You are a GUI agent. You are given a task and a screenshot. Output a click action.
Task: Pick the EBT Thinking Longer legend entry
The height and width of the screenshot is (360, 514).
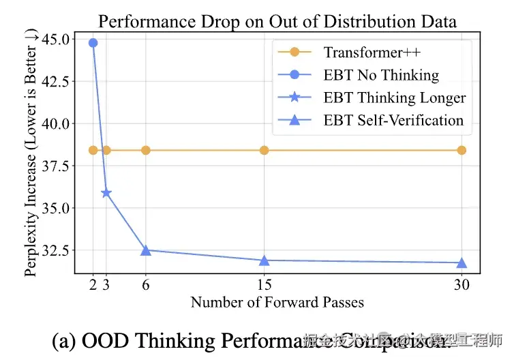click(x=395, y=97)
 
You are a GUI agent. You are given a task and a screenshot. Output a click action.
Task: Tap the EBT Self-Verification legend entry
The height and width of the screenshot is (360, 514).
click(x=393, y=121)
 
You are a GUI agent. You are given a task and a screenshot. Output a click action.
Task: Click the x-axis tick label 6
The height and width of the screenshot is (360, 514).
click(x=145, y=285)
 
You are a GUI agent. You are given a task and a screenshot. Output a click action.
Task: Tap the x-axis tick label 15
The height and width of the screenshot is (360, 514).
click(x=264, y=285)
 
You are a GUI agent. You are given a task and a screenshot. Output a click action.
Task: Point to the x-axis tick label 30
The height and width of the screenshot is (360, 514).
click(x=462, y=285)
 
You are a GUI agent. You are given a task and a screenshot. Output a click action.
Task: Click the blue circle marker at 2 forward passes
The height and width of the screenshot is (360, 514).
click(x=93, y=43)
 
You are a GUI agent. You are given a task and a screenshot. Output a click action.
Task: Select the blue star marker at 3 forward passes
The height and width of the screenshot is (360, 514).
click(x=106, y=193)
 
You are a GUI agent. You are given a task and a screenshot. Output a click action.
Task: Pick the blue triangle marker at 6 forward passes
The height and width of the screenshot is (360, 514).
click(x=145, y=250)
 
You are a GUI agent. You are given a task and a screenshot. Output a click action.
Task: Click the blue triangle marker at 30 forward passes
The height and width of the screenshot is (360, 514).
click(x=462, y=262)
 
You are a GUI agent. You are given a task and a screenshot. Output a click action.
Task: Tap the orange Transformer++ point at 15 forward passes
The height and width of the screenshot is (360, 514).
click(x=264, y=150)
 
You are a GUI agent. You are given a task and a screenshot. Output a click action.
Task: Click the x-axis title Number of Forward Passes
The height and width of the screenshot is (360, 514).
click(x=277, y=302)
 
